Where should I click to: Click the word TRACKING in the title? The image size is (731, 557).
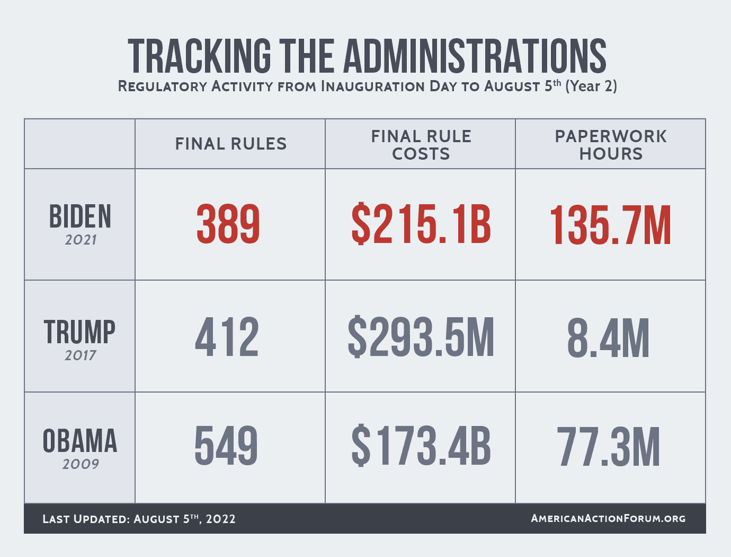[x=199, y=56]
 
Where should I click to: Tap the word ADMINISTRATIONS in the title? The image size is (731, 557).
[x=475, y=56]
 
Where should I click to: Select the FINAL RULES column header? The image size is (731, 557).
[x=231, y=144]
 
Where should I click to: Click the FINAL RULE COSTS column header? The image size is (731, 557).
[x=421, y=145]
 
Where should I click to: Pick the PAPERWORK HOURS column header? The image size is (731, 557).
[x=611, y=145]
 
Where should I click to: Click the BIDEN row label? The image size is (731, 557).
[x=80, y=216]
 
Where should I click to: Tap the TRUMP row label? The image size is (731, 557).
[x=79, y=332]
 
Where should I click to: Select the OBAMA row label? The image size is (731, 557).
[x=80, y=441]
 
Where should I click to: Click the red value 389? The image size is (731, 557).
[x=228, y=224]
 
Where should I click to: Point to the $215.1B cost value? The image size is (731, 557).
[x=421, y=224]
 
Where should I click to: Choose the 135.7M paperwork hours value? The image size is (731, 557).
[x=611, y=225]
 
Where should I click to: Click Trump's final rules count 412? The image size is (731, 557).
[x=227, y=337]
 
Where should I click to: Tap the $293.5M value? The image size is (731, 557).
[x=421, y=337]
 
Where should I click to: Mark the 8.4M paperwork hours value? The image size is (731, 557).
[x=608, y=338]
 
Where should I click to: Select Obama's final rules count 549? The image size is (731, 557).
[x=227, y=446]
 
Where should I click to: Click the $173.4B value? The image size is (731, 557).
[x=421, y=446]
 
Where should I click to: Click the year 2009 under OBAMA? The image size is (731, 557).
[x=81, y=464]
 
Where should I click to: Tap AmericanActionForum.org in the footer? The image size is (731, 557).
[x=608, y=518]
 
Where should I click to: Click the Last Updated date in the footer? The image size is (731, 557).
[x=139, y=519]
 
